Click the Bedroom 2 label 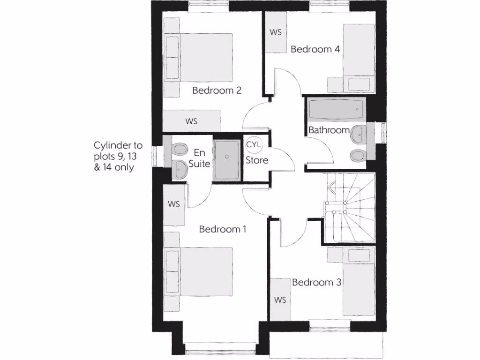(x=217, y=90)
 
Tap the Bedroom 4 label (x=315, y=49)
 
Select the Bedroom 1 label (x=223, y=229)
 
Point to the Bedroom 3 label (x=316, y=282)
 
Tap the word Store (x=257, y=160)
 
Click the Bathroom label (x=329, y=130)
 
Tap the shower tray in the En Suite (x=227, y=159)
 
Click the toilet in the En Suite (x=179, y=150)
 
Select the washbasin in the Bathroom (x=359, y=134)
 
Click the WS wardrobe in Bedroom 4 (x=276, y=32)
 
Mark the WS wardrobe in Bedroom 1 (x=174, y=204)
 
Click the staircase (x=349, y=209)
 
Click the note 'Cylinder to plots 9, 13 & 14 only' (x=118, y=156)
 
